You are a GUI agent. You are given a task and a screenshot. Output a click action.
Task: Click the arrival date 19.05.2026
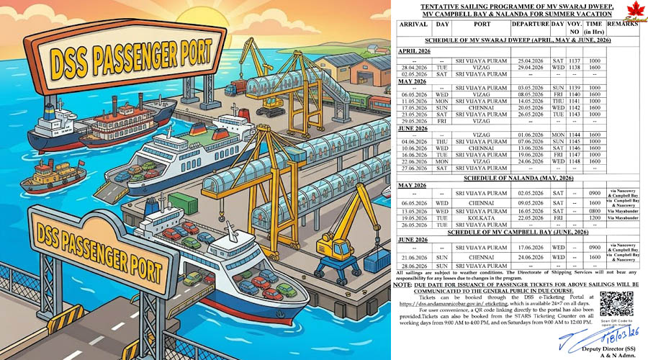coord(413,217)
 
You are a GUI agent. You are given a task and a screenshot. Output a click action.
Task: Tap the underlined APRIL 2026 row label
coord(415,51)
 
